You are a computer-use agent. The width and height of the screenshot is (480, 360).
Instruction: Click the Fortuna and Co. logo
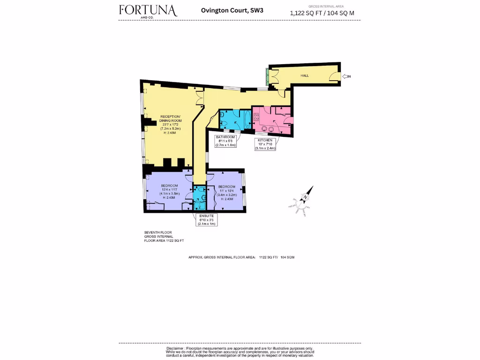(x=148, y=11)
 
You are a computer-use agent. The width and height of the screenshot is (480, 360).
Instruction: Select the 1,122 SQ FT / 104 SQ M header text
(x=322, y=13)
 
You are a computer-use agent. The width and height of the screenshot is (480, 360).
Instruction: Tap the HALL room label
(x=304, y=75)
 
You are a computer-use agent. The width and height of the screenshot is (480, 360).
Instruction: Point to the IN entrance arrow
(x=347, y=76)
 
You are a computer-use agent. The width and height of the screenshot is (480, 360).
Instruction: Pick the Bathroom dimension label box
(x=225, y=141)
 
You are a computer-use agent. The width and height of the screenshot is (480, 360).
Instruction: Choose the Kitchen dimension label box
(x=265, y=144)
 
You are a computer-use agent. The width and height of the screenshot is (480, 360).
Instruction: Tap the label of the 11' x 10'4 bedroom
(x=226, y=191)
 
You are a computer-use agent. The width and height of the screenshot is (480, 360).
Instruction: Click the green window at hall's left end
(x=267, y=77)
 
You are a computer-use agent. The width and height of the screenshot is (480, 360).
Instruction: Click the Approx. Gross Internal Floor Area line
(x=241, y=257)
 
